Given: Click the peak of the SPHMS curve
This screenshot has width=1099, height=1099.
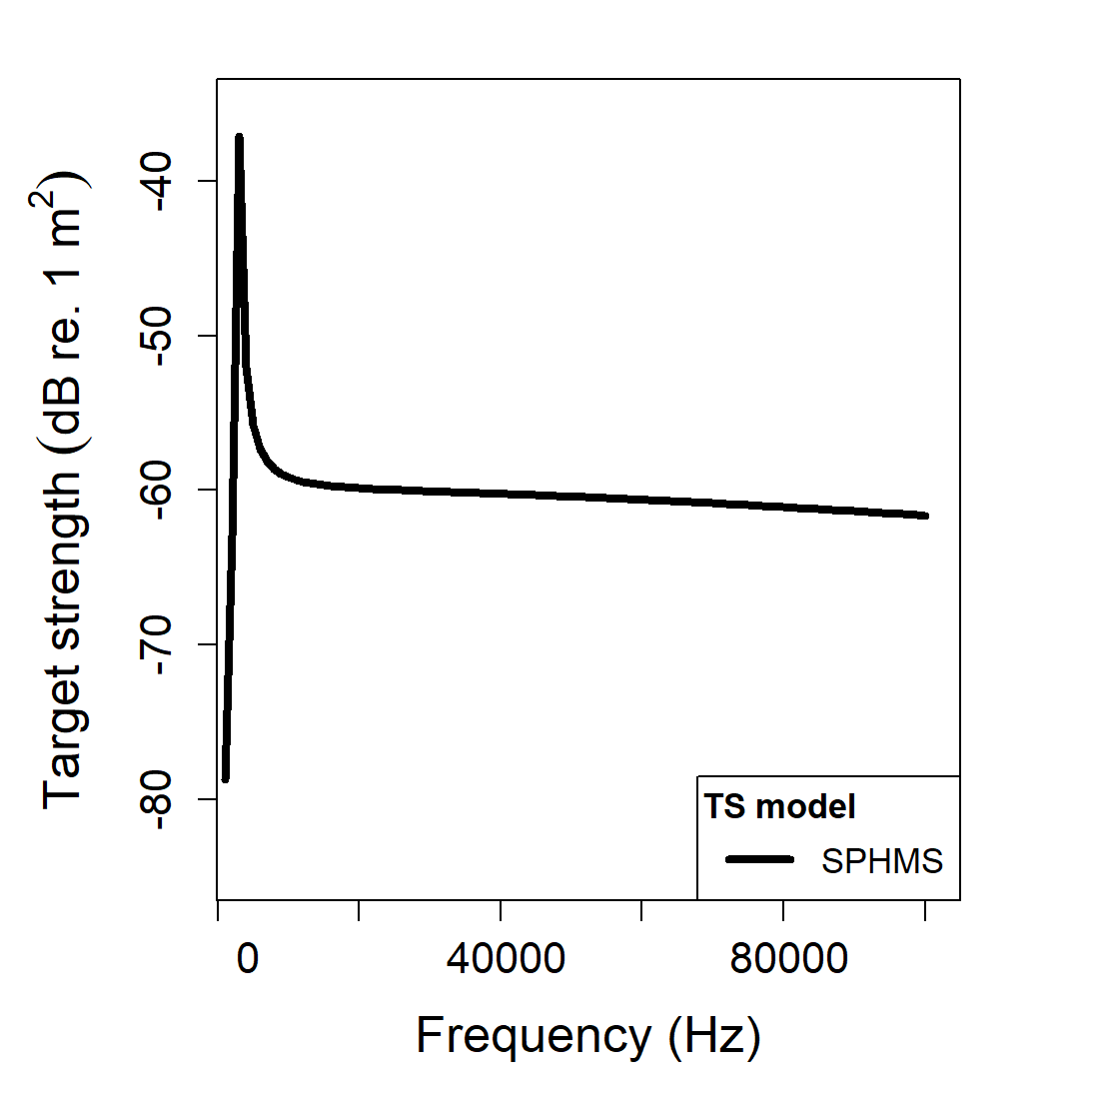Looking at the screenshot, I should (x=239, y=137).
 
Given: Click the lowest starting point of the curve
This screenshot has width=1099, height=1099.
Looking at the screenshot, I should (x=226, y=779).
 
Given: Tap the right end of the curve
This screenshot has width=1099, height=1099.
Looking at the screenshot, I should (x=926, y=516).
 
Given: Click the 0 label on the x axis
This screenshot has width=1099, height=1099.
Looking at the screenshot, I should (x=247, y=959).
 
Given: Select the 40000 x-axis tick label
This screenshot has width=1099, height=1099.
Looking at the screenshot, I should (x=506, y=959).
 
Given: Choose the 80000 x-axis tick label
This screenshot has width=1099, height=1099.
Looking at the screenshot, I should (x=788, y=959).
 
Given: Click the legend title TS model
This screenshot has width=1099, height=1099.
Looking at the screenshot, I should (x=779, y=806).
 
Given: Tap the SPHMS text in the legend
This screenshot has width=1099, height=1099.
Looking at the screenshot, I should (x=882, y=861).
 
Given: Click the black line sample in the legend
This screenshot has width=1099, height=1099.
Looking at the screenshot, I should (x=759, y=859).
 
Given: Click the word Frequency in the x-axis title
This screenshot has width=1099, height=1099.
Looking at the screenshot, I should (x=533, y=1035).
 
